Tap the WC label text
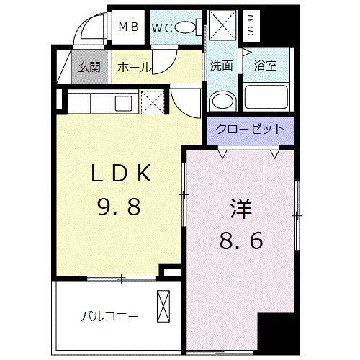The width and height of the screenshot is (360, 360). pyautogui.click(x=162, y=28)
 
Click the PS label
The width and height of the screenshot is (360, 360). pyautogui.click(x=250, y=26)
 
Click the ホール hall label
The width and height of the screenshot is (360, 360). pyautogui.click(x=133, y=67)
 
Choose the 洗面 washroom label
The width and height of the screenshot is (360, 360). pyautogui.click(x=221, y=65)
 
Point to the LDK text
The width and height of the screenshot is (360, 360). pyautogui.click(x=120, y=174)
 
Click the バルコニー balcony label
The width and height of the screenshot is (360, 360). pyautogui.click(x=109, y=315)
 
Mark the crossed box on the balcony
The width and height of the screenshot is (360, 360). pyautogui.click(x=165, y=305)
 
